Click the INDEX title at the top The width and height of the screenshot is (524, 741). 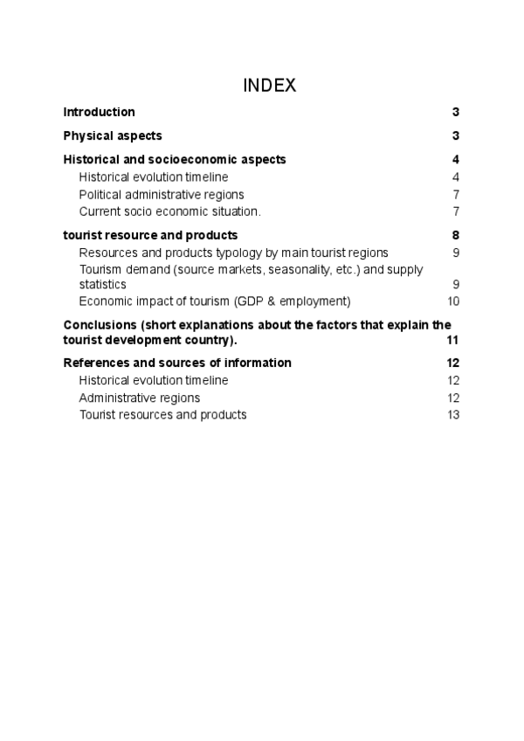[x=269, y=85]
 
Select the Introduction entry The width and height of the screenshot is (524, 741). [x=99, y=112]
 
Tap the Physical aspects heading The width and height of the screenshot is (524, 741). [x=113, y=135]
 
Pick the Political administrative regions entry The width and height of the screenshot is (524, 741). [x=162, y=194]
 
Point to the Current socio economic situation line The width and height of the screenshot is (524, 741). [x=169, y=211]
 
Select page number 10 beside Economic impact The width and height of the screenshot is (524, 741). [x=452, y=301]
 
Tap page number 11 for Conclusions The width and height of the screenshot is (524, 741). [x=452, y=340]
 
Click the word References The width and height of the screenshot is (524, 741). [x=95, y=363]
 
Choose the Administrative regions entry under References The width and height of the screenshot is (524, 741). [x=140, y=398]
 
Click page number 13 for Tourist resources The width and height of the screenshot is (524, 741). [x=452, y=414]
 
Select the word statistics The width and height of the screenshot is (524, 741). [x=103, y=285]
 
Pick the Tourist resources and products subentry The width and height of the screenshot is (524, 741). [x=162, y=414]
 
